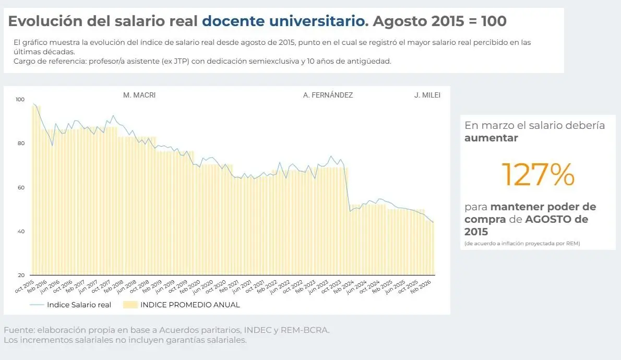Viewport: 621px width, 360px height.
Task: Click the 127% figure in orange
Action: click(x=538, y=175)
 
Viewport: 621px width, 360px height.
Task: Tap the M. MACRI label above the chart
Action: click(x=139, y=95)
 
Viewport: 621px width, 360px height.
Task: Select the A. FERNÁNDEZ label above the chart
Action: click(x=328, y=95)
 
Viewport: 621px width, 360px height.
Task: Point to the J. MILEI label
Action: click(x=427, y=95)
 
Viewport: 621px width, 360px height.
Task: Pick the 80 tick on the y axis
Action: click(x=20, y=143)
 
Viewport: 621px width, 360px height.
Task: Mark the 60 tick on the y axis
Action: click(x=20, y=187)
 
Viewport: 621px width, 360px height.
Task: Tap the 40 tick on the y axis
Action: click(x=20, y=231)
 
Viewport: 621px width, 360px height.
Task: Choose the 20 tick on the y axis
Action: click(x=20, y=275)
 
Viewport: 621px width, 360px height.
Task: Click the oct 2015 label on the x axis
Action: click(x=25, y=286)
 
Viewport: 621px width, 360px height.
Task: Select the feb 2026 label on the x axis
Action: click(x=424, y=286)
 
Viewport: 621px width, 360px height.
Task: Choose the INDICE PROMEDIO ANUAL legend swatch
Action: click(x=130, y=305)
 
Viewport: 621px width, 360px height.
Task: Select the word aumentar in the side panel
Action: click(x=491, y=138)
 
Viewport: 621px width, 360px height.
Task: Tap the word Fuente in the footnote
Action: click(x=18, y=330)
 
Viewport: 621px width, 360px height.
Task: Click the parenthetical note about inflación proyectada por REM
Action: click(x=522, y=244)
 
